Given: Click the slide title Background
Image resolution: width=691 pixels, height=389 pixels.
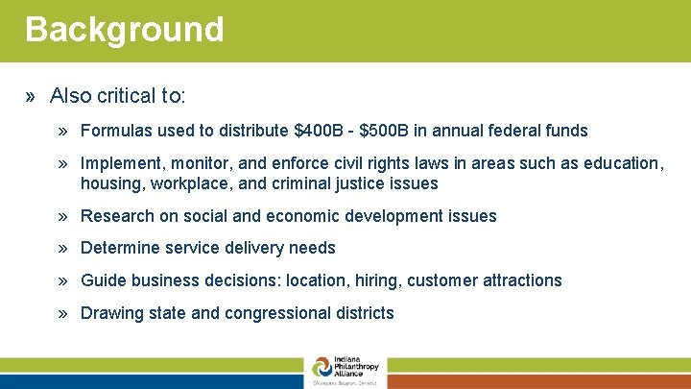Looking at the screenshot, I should pyautogui.click(x=124, y=30).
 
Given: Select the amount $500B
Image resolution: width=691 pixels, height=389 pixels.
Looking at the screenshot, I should pyautogui.click(x=386, y=131).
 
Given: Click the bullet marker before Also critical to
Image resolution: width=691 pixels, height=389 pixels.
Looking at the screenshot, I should pyautogui.click(x=33, y=96).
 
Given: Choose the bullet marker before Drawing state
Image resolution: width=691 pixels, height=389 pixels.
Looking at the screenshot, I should pyautogui.click(x=62, y=313).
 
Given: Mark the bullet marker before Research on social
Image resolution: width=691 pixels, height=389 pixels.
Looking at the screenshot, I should pyautogui.click(x=62, y=216).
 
